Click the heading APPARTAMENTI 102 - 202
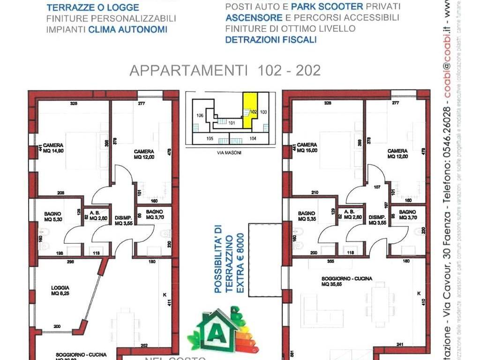click(x=225, y=70)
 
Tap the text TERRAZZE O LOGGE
click(x=93, y=7)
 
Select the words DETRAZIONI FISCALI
click(x=271, y=40)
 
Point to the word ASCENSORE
click(x=254, y=18)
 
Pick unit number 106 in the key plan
click(x=200, y=115)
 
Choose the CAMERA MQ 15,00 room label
click(x=307, y=148)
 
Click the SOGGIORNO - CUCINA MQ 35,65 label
click(x=347, y=281)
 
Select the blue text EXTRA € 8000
click(x=241, y=263)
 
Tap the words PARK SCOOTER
click(x=327, y=7)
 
